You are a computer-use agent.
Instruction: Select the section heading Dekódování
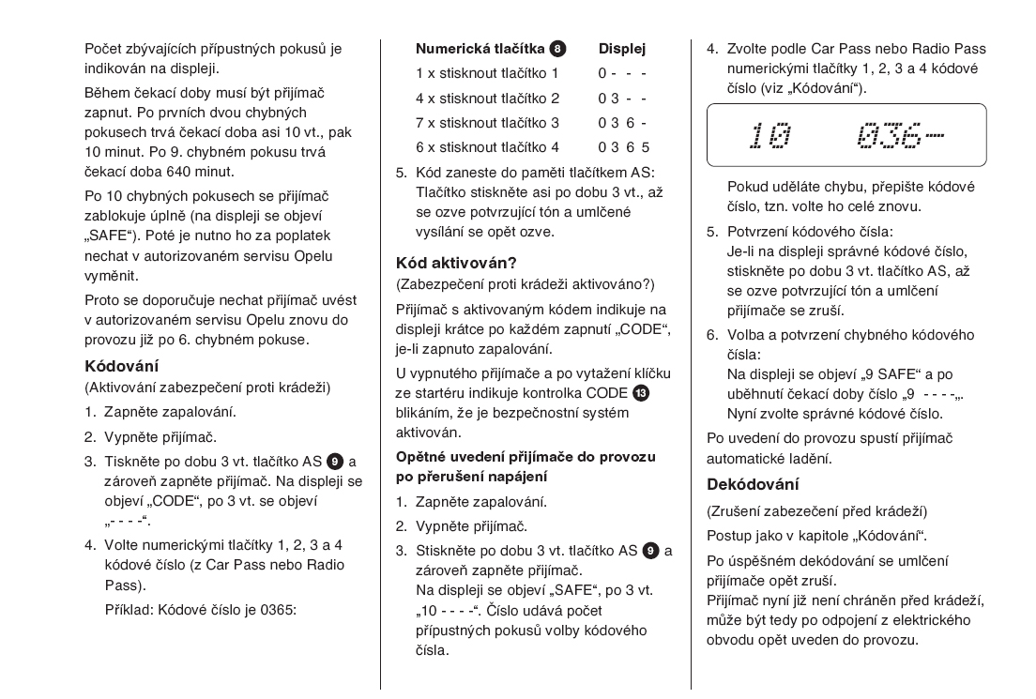pos(752,484)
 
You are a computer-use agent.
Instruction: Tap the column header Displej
pos(622,47)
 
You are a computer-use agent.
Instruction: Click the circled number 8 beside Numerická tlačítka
pos(558,47)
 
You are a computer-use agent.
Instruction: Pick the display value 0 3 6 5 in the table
pos(624,147)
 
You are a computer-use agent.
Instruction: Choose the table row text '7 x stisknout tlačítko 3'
pos(487,122)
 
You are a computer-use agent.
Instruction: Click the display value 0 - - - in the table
pos(622,73)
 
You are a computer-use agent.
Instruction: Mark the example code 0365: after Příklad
pos(276,609)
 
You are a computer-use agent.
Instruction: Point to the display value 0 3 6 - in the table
pos(622,122)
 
